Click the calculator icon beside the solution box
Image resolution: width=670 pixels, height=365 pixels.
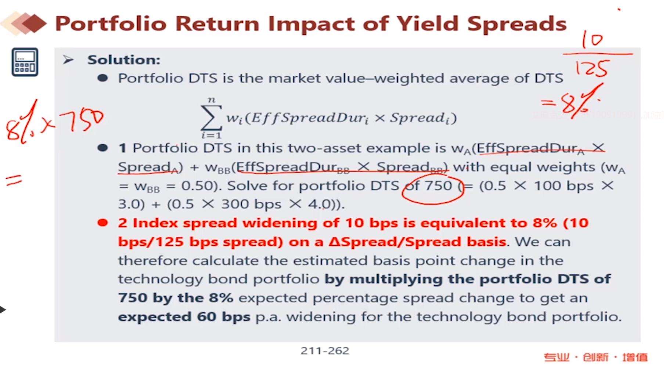click(25, 62)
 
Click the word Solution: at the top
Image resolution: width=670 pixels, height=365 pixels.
click(124, 60)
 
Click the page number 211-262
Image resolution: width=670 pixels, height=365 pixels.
click(325, 351)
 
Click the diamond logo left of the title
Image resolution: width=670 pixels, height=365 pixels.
click(24, 24)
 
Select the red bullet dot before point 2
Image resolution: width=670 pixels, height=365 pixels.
click(102, 223)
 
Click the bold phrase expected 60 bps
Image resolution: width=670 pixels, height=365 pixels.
click(184, 317)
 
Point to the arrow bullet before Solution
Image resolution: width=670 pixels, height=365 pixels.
click(68, 59)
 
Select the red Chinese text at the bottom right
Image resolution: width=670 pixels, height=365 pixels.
click(595, 357)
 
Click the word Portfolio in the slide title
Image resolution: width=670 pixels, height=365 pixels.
click(111, 24)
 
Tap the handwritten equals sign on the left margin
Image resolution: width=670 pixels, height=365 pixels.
click(14, 180)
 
